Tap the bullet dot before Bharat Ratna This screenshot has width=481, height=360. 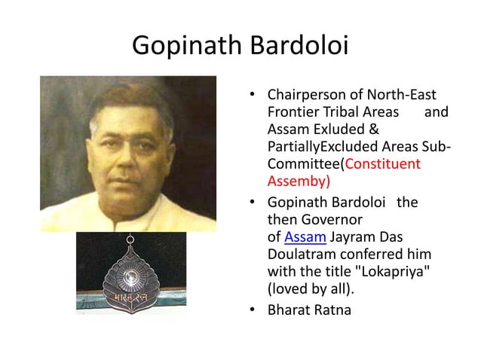pos(254,308)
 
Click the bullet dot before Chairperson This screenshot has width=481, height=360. pos(254,96)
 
